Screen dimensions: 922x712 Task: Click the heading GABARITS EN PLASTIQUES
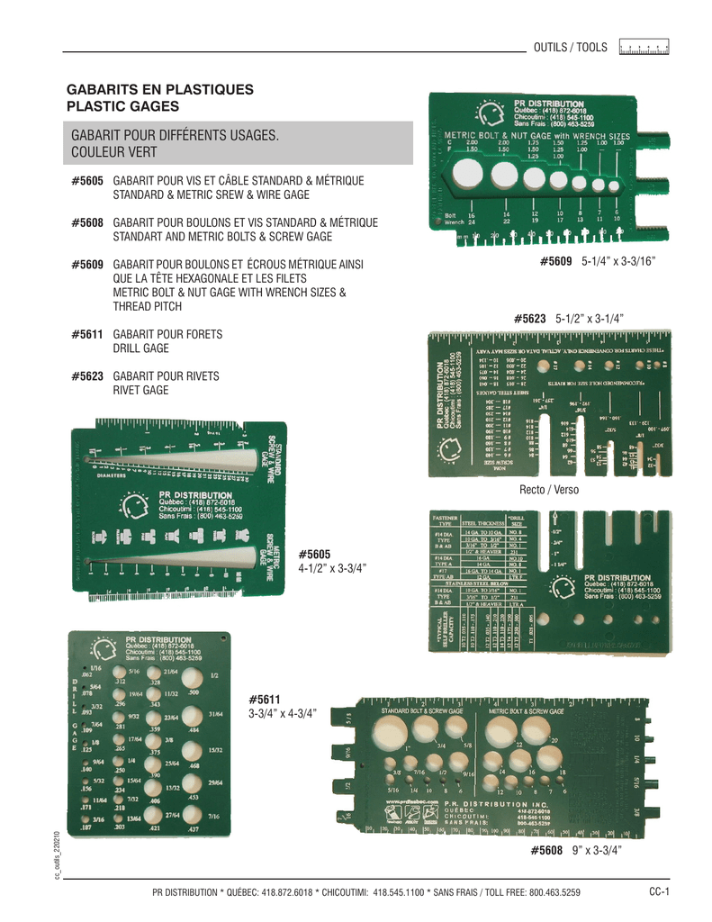pos(161,90)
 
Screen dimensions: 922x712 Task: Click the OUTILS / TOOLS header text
pos(571,47)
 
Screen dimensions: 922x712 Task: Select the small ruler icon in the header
pos(644,47)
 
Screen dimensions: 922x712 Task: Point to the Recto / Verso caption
pos(549,489)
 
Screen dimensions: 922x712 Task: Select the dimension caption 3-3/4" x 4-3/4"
pos(282,712)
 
